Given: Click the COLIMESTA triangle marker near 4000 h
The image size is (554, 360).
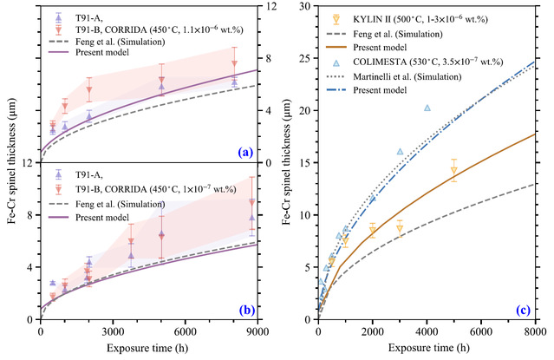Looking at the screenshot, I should pyautogui.click(x=427, y=108).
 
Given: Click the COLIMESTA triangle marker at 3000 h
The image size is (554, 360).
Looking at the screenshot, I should pyautogui.click(x=400, y=151).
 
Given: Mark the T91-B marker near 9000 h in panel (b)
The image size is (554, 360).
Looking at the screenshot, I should pyautogui.click(x=252, y=203).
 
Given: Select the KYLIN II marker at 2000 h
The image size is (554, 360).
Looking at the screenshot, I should pyautogui.click(x=373, y=230).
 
